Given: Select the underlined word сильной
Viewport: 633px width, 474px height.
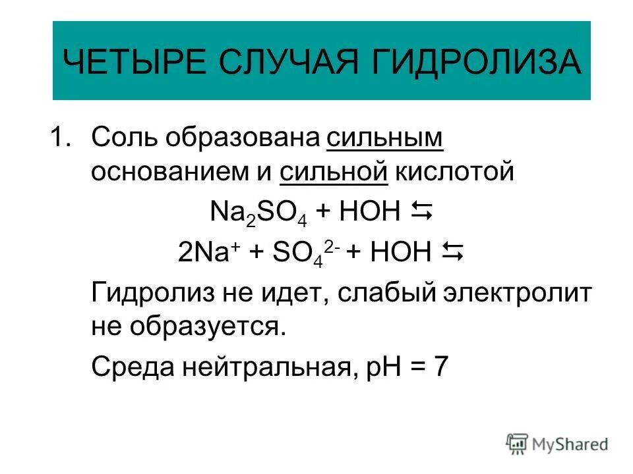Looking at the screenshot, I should [x=333, y=171].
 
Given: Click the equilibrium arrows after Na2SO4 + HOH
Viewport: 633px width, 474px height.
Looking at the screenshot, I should [x=421, y=212].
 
